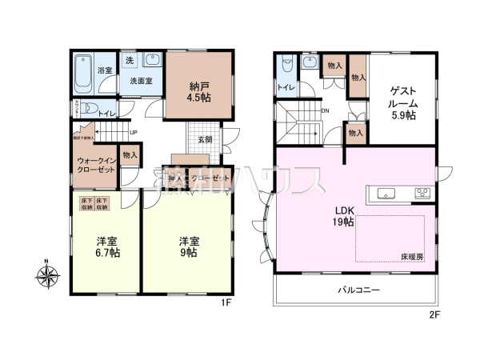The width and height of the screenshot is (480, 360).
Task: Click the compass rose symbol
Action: (46, 277)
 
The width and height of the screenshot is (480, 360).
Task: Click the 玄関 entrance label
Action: (205, 139)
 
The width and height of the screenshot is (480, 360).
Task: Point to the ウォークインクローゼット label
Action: (95, 166)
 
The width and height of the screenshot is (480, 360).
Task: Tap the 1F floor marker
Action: (226, 303)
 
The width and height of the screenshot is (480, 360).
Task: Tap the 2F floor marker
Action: (434, 315)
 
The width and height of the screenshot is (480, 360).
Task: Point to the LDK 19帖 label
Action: (343, 216)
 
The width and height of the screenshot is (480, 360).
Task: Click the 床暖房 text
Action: (413, 256)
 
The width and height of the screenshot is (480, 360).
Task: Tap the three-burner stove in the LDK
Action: (422, 193)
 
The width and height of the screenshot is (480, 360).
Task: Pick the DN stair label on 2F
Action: (326, 111)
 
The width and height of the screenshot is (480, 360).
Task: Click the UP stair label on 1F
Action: (133, 133)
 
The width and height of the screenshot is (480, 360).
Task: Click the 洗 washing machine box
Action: (129, 60)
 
